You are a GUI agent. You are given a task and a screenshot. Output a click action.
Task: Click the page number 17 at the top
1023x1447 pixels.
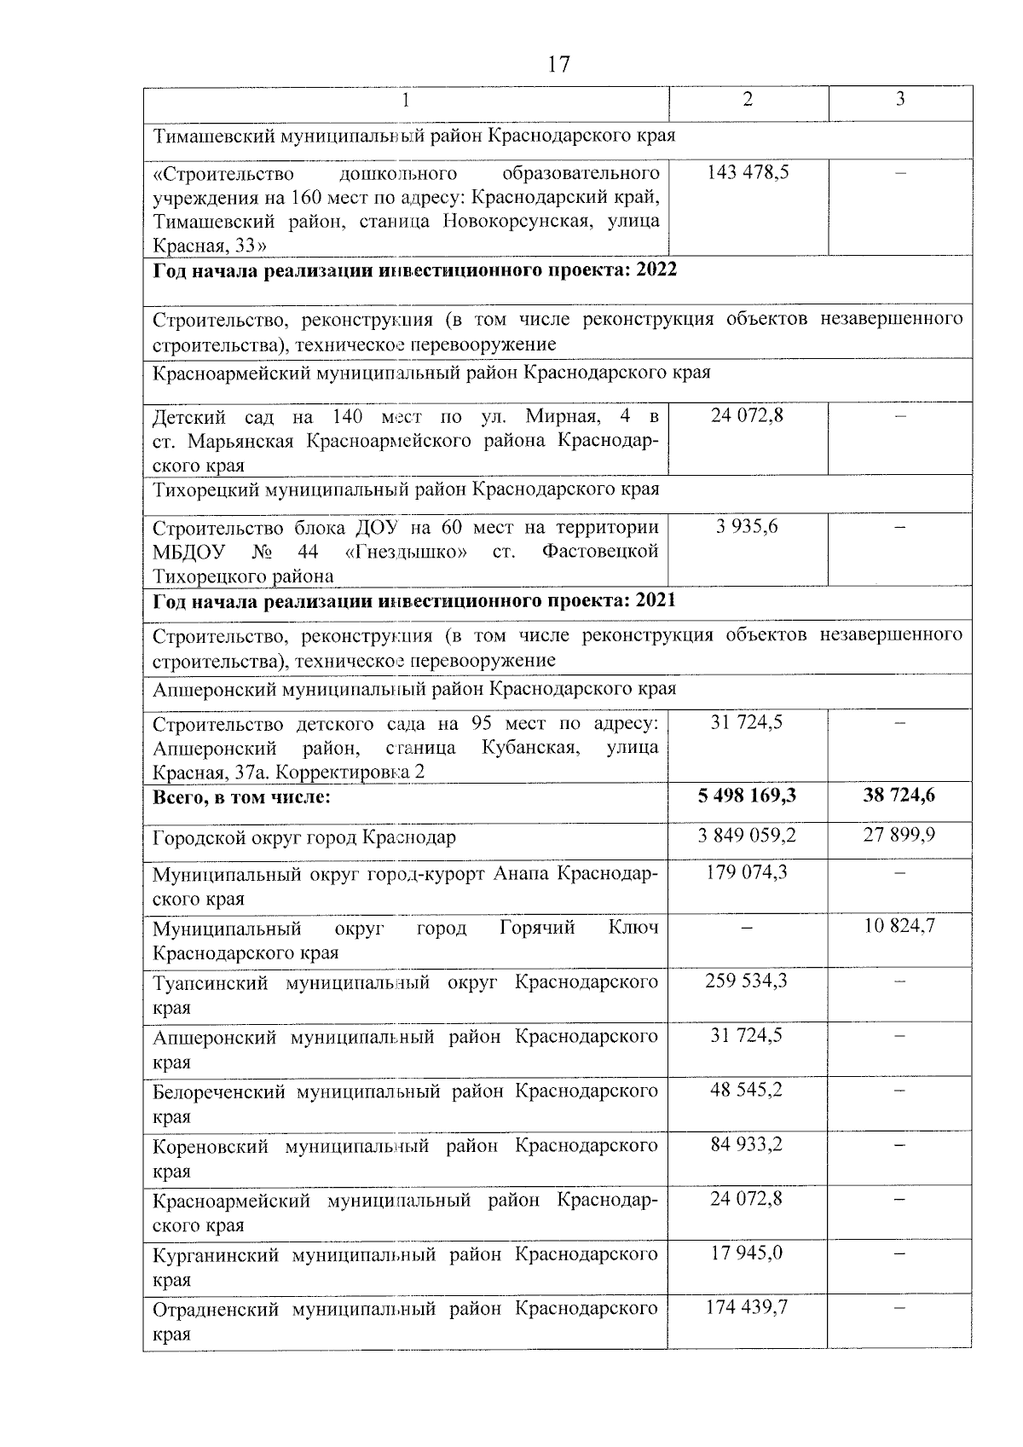pyautogui.click(x=558, y=65)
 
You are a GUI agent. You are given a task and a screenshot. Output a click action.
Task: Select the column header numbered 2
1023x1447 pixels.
pyautogui.click(x=748, y=100)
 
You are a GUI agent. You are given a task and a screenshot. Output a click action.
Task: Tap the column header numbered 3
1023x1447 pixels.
pyautogui.click(x=899, y=100)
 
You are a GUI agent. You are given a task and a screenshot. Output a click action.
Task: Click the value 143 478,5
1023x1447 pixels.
pyautogui.click(x=748, y=172)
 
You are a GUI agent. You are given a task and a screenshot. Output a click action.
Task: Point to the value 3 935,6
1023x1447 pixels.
pyautogui.click(x=748, y=527)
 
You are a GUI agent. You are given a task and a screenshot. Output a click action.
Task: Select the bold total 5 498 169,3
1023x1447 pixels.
pyautogui.click(x=747, y=796)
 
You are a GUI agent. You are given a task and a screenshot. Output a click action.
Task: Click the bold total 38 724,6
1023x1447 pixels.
pyautogui.click(x=899, y=796)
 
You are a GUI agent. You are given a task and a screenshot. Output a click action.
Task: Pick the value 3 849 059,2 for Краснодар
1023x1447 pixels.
pyautogui.click(x=747, y=836)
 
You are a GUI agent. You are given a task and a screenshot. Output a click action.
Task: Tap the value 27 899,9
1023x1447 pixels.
pyautogui.click(x=899, y=835)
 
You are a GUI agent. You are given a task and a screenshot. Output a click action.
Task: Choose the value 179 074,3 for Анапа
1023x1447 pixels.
pyautogui.click(x=747, y=872)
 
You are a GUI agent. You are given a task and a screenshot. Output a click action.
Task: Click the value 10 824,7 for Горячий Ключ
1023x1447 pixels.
pyautogui.click(x=899, y=926)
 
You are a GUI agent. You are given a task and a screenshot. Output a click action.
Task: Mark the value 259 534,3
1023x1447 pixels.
pyautogui.click(x=747, y=981)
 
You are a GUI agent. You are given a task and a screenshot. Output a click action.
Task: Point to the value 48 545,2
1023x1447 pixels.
pyautogui.click(x=747, y=1090)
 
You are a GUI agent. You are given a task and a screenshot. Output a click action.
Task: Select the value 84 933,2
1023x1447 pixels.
pyautogui.click(x=747, y=1144)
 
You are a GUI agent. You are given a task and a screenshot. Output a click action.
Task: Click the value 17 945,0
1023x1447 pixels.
pyautogui.click(x=747, y=1253)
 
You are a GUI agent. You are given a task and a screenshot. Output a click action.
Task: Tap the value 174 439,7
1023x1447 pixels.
pyautogui.click(x=747, y=1307)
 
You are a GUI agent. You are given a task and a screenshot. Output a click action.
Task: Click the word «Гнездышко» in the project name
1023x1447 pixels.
pyautogui.click(x=406, y=552)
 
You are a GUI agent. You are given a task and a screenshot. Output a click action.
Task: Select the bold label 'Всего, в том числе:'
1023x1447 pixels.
pyautogui.click(x=241, y=797)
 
